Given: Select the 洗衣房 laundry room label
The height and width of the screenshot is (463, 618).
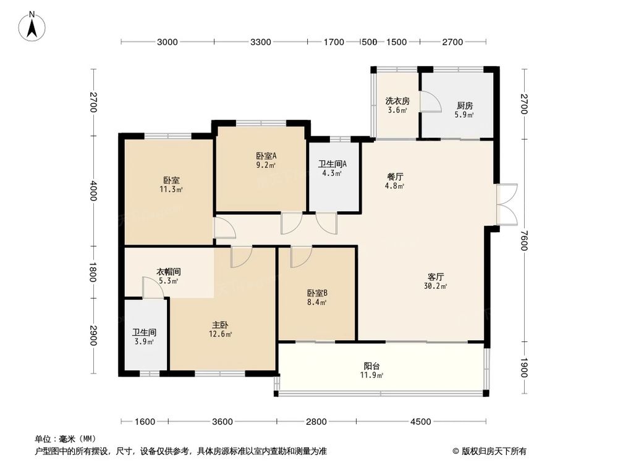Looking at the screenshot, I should (x=397, y=106).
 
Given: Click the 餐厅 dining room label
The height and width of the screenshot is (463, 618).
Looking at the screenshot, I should (x=395, y=181).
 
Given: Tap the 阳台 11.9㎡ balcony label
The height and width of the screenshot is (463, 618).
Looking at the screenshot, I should (x=372, y=369).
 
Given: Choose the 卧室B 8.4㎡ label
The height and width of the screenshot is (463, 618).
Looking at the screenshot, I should (x=316, y=298).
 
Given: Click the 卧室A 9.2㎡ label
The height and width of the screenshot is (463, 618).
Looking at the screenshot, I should (x=266, y=160).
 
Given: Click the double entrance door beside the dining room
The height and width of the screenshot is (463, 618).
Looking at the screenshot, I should (x=507, y=204).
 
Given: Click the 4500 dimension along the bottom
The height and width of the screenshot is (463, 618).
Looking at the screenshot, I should (x=420, y=422).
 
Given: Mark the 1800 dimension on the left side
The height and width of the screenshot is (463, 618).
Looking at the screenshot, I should (x=93, y=272).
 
